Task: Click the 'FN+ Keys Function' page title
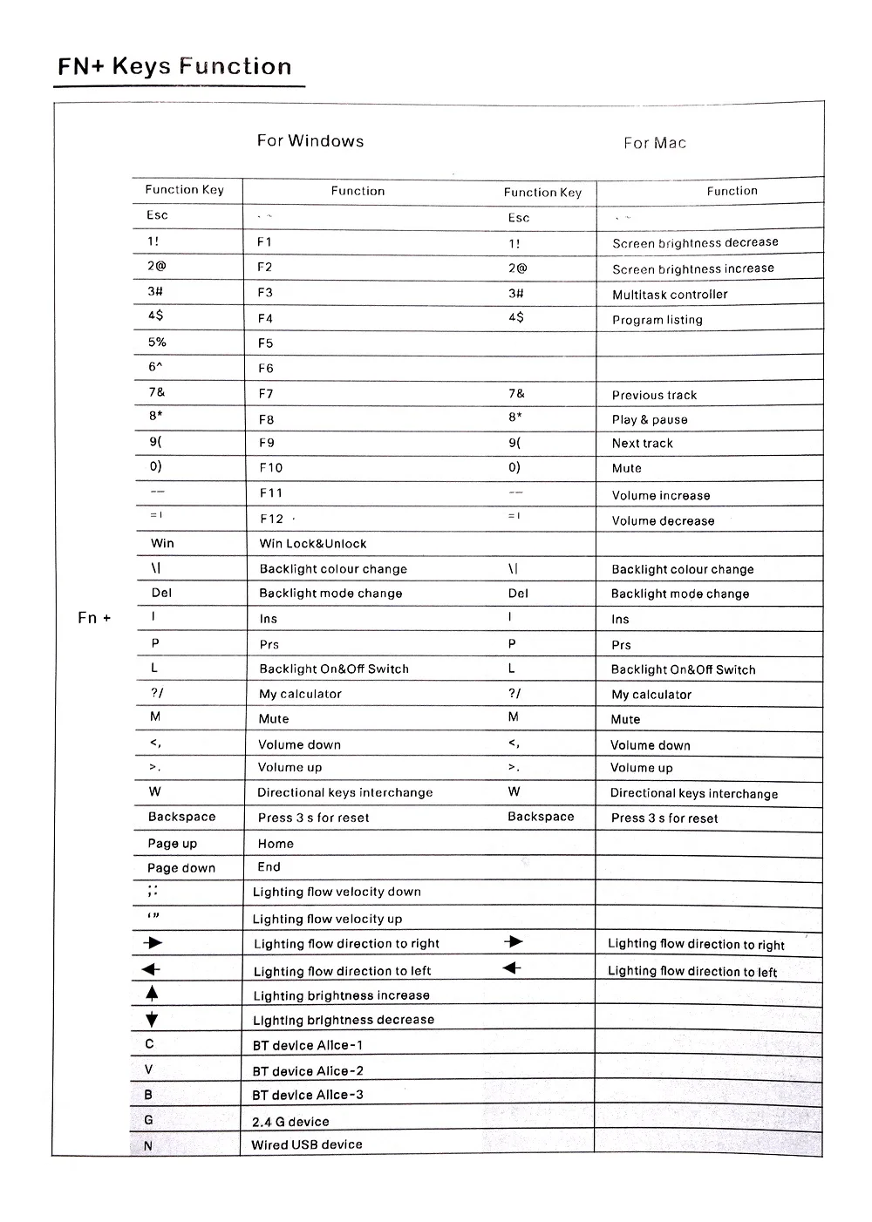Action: pos(174,67)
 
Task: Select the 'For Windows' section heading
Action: pos(310,141)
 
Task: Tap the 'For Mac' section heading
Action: pos(655,143)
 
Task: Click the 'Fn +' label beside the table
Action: pos(94,618)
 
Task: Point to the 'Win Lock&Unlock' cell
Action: pos(313,544)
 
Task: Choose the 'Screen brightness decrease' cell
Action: pos(695,243)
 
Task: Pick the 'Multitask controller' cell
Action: pos(670,295)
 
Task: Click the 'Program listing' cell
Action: pos(657,320)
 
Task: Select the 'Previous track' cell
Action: pos(654,395)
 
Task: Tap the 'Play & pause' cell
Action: pos(650,419)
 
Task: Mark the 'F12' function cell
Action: pos(271,519)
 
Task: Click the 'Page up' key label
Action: pos(173,844)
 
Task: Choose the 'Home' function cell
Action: pos(276,844)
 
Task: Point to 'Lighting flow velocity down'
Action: pos(337,892)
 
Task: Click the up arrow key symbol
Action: pos(153,993)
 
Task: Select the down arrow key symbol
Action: pos(153,1020)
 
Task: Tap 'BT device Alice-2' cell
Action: pos(308,1071)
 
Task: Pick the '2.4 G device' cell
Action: pos(290,1122)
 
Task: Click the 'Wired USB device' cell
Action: pos(307,1144)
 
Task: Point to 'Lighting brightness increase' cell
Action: pos(341,995)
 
